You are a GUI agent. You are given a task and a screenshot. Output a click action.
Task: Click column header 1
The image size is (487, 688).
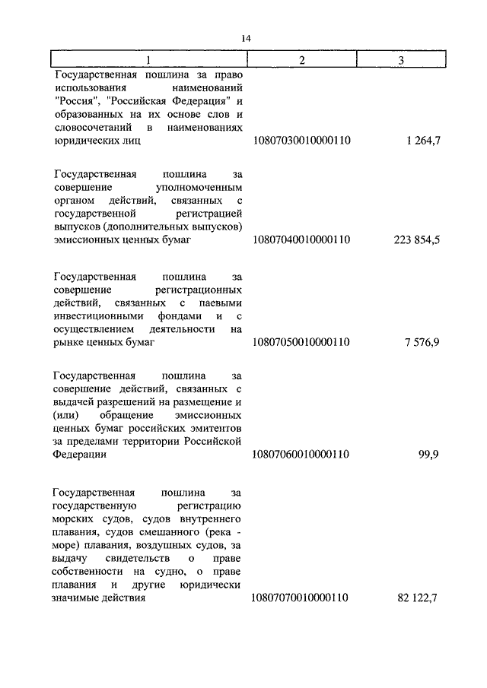148,61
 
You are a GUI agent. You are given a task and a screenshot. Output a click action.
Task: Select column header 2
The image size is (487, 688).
302,61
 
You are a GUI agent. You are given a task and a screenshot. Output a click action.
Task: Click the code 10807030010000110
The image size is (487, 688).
301,141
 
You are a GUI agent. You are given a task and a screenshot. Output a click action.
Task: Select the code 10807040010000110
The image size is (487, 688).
301,240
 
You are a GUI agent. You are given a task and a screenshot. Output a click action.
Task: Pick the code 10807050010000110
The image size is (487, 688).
301,343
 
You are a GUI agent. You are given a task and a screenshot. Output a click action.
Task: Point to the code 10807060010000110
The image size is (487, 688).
301,455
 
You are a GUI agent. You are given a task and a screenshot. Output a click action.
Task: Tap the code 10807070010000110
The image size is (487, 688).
301,598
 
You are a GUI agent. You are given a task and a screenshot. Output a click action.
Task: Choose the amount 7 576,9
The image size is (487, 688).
424,343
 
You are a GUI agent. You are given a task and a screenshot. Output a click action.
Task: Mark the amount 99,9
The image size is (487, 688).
430,455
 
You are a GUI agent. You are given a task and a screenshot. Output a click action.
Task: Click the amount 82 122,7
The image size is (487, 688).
419,598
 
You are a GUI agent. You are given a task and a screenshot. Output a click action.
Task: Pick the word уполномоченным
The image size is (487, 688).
198,186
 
